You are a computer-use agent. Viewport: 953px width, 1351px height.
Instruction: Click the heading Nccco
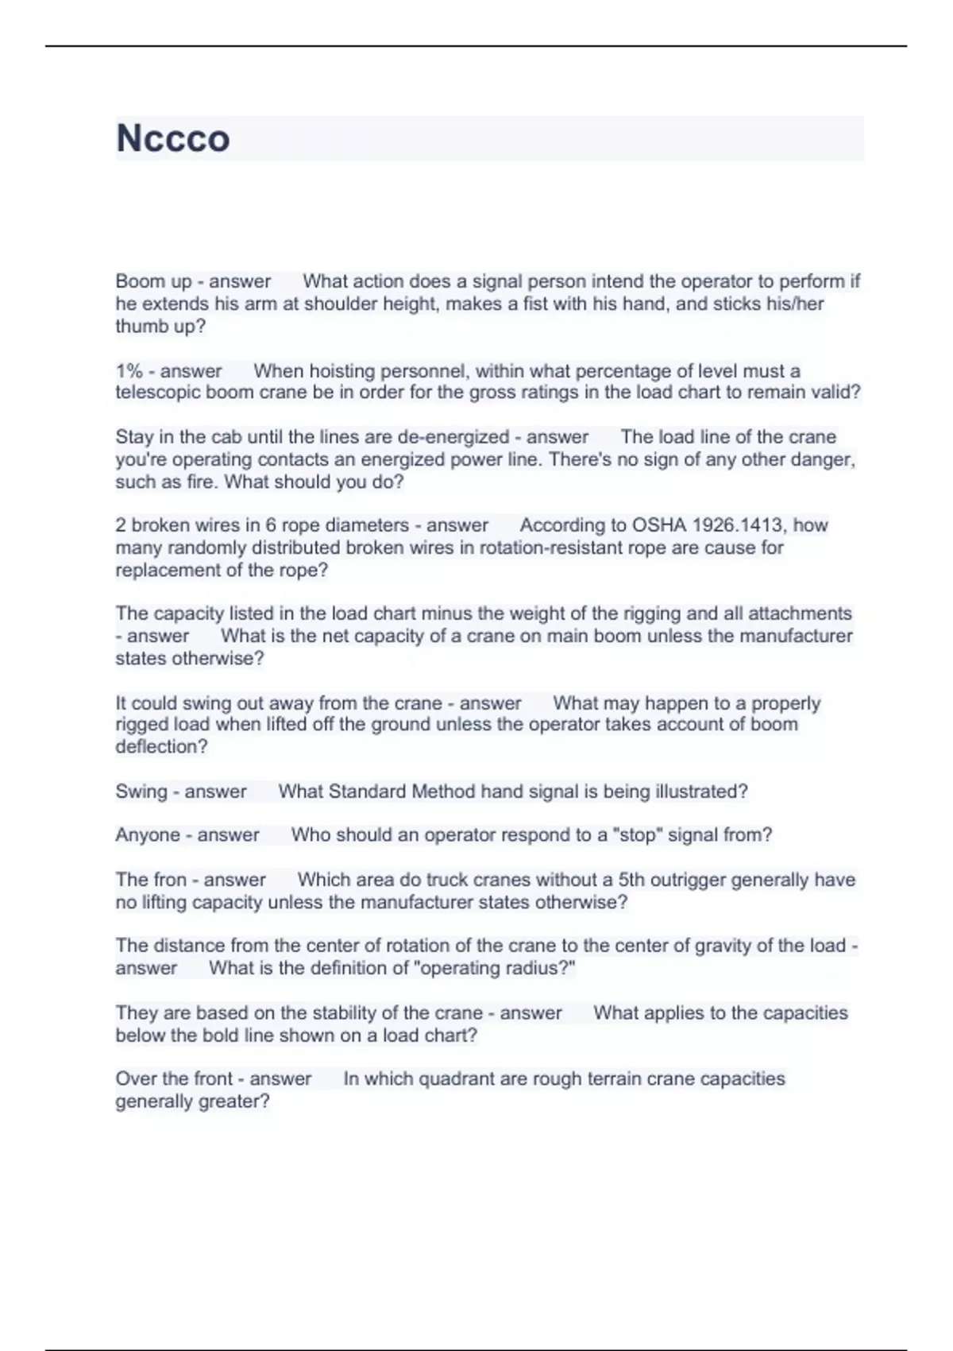click(173, 138)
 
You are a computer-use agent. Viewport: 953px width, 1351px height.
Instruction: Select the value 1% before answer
click(129, 371)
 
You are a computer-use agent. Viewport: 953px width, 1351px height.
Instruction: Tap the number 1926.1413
click(738, 525)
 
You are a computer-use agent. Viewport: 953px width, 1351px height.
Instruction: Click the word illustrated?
click(701, 792)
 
